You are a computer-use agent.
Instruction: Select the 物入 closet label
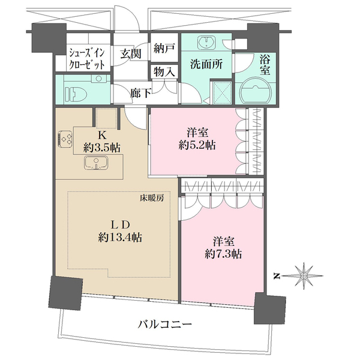(163, 71)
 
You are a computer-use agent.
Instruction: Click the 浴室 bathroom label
(264, 65)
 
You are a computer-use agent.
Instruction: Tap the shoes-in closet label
(87, 58)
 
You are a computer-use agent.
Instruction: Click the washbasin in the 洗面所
(208, 43)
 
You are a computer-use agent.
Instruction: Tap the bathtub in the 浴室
(257, 94)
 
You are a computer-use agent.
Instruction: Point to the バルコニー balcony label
(165, 325)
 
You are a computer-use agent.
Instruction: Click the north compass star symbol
(306, 276)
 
